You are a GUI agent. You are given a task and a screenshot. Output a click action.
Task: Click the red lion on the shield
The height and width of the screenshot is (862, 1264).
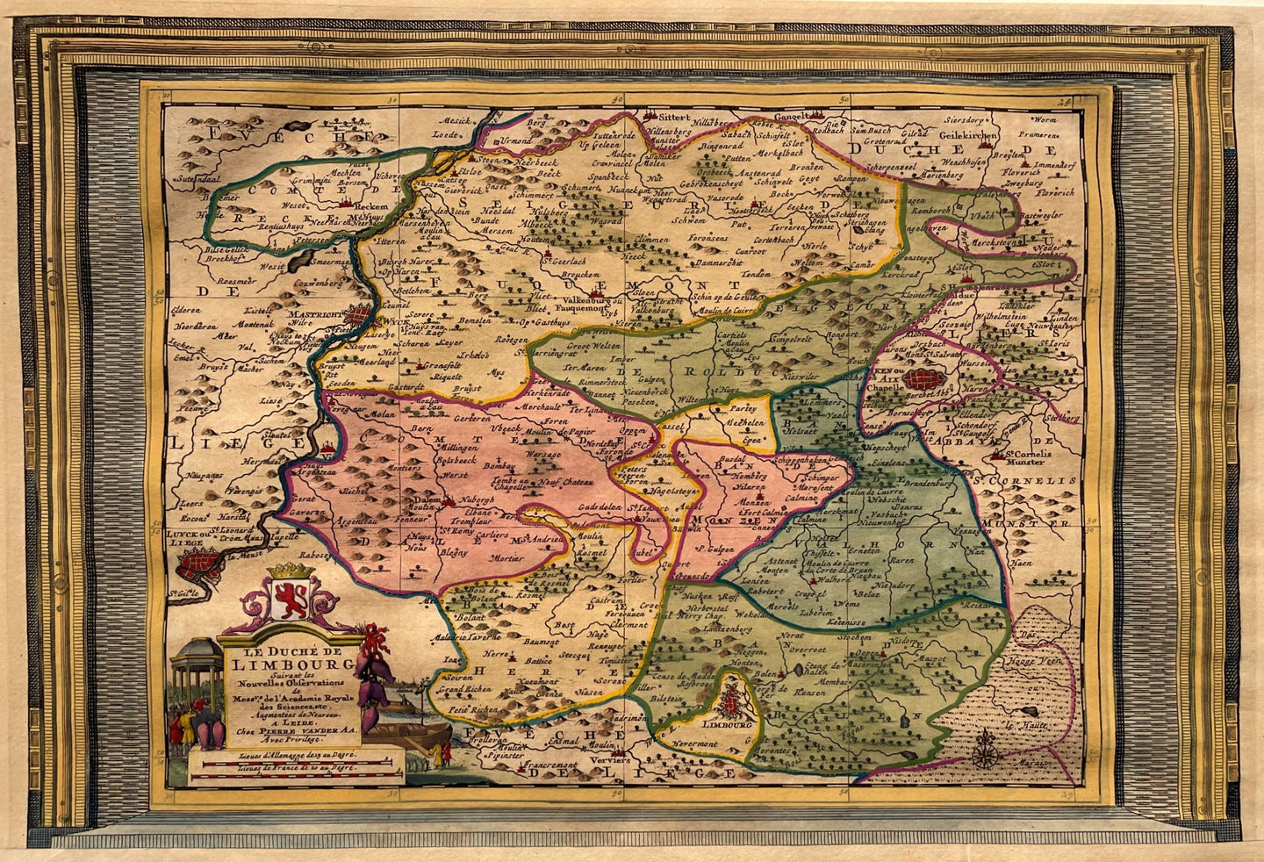click(289, 602)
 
